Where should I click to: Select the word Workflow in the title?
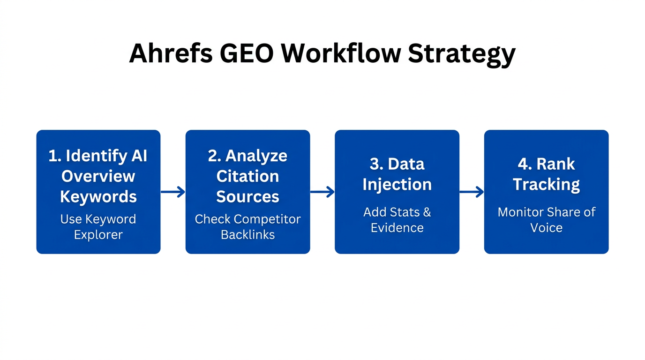point(341,53)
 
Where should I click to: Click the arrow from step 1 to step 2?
point(173,192)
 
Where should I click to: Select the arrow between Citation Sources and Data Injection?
point(322,192)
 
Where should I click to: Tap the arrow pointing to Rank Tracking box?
point(472,192)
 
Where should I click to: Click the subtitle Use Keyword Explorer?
point(98,227)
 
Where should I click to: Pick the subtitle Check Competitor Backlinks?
point(247,227)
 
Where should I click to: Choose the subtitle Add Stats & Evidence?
point(397,220)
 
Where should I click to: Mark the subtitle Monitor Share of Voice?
point(546,220)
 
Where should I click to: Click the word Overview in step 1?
point(98,176)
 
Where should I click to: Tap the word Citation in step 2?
point(247,176)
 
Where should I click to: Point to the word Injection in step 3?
point(397,185)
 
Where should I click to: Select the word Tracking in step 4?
point(546,185)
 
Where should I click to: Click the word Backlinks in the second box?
point(247,235)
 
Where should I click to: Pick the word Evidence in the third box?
point(397,228)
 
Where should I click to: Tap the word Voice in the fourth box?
point(546,228)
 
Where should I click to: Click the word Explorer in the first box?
point(98,235)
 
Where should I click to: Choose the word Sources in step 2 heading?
point(247,197)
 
